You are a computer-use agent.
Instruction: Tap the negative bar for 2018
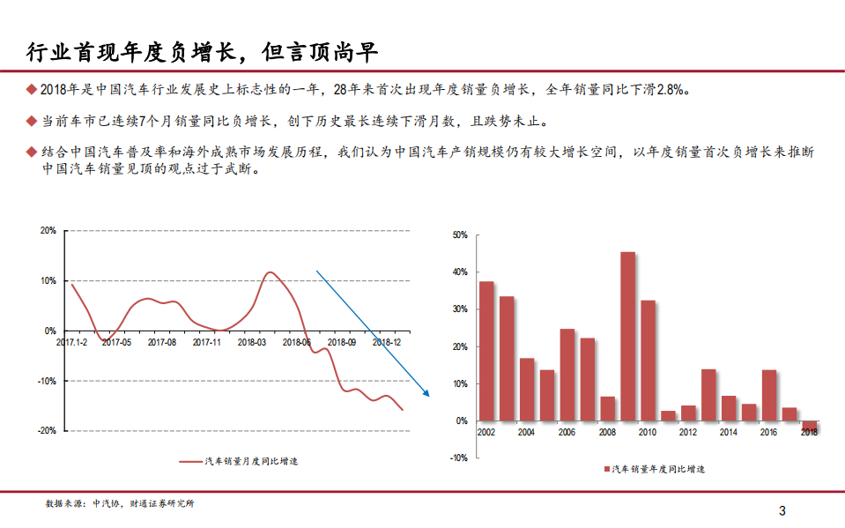click(x=810, y=427)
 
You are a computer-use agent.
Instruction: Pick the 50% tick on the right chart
click(x=459, y=235)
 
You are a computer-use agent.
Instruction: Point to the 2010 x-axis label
click(x=648, y=433)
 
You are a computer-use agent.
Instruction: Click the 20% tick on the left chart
click(x=48, y=231)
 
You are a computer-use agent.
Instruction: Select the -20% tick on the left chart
click(x=47, y=430)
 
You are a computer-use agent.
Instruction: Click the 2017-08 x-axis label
click(x=162, y=340)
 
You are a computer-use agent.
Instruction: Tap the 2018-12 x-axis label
click(x=386, y=340)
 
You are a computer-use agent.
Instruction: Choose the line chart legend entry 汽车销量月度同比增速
click(x=238, y=461)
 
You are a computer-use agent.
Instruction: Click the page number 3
click(x=782, y=510)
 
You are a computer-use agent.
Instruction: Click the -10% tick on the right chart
click(x=458, y=457)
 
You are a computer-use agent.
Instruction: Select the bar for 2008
click(x=607, y=409)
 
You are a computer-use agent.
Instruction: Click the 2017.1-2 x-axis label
click(x=72, y=340)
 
